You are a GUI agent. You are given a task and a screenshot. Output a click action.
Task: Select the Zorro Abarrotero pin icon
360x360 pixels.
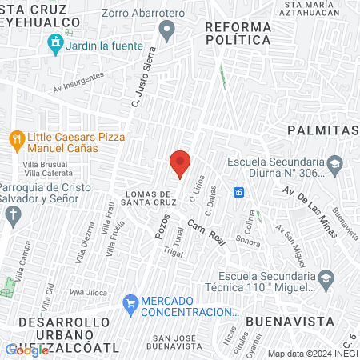(167, 32)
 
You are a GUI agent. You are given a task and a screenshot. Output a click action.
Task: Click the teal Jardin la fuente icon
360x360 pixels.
(55, 44)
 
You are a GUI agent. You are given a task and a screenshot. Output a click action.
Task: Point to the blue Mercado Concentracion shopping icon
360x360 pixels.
(130, 304)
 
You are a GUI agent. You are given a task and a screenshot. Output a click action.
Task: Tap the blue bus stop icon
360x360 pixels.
(238, 192)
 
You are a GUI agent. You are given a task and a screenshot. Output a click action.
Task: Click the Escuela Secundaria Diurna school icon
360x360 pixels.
(334, 166)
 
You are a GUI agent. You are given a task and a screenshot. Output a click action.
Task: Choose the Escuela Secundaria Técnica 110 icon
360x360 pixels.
(325, 278)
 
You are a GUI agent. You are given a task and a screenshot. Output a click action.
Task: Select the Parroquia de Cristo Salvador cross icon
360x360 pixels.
(12, 214)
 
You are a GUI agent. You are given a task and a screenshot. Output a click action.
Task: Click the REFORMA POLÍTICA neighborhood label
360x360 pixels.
(238, 34)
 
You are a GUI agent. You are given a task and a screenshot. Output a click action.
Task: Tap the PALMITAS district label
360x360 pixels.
(323, 130)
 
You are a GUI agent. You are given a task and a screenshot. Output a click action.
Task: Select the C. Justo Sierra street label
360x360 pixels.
(142, 77)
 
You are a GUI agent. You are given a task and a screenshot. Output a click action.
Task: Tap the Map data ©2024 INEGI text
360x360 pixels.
(312, 354)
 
